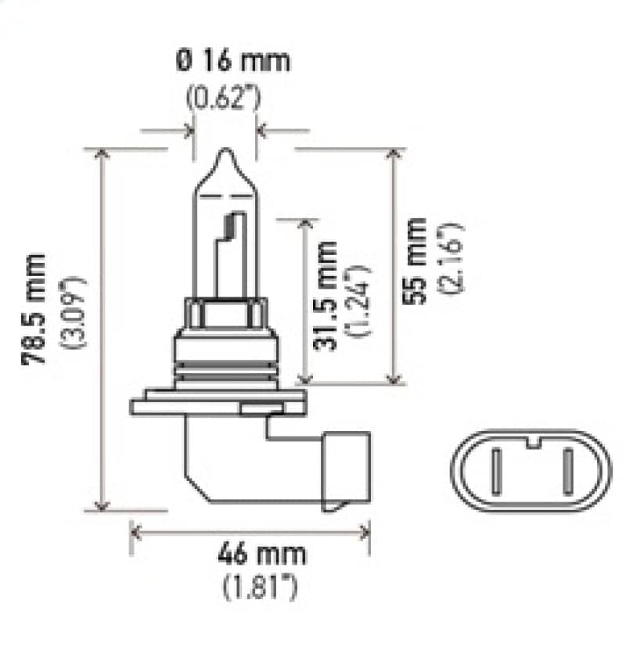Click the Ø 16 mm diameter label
[x=232, y=61]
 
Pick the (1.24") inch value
[x=360, y=301]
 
